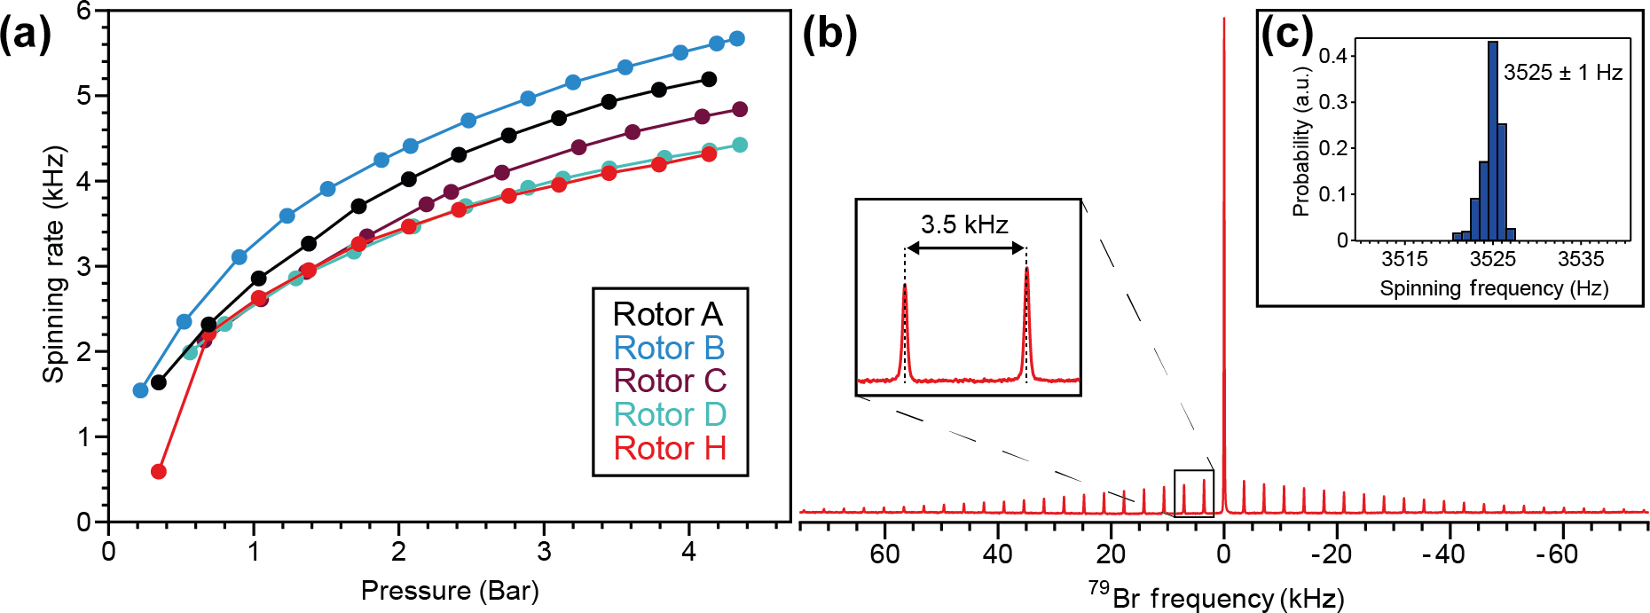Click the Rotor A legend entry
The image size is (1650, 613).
tap(668, 315)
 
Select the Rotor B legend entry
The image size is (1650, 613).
tap(669, 349)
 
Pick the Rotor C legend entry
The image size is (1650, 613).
tap(670, 381)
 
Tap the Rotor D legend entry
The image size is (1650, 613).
tap(670, 415)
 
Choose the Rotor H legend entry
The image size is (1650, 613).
tap(670, 449)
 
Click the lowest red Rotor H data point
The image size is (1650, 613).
tap(159, 471)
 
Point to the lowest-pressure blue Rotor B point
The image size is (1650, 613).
tap(140, 390)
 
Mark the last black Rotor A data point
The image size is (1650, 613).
tap(709, 80)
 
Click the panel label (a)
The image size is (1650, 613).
tap(25, 35)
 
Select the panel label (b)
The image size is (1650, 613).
tap(829, 35)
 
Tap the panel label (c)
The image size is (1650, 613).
tap(1286, 35)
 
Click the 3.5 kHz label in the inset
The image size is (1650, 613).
tap(964, 224)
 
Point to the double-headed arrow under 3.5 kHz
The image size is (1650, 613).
tap(965, 248)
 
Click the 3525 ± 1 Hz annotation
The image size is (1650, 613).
tap(1563, 73)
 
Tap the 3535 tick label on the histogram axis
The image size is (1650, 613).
tap(1581, 259)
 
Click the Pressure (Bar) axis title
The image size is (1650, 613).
tap(450, 591)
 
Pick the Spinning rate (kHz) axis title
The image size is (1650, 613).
tap(54, 264)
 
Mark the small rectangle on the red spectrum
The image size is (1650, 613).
tap(1193, 493)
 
